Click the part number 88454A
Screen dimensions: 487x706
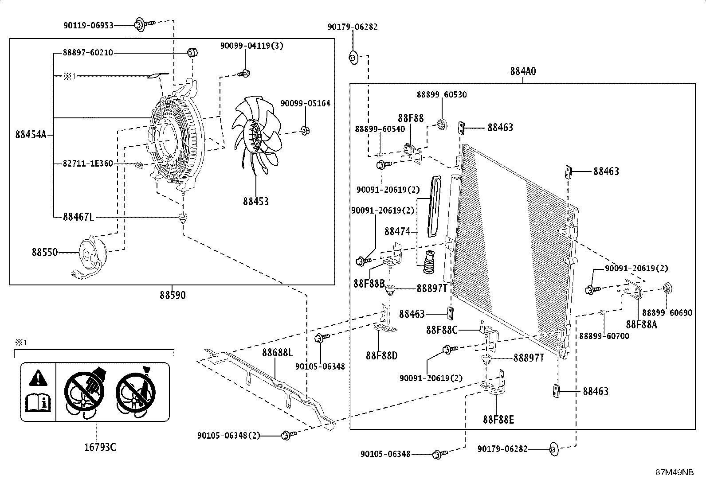click(31, 135)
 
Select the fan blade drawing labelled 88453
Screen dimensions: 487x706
click(258, 133)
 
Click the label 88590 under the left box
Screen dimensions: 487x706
click(173, 295)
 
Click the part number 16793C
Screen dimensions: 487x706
click(100, 447)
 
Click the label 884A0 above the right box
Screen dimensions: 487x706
click(523, 71)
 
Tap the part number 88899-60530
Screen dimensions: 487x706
click(441, 94)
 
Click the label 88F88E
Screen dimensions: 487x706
click(498, 419)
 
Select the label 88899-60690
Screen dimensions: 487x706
click(667, 313)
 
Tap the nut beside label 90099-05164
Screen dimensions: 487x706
click(305, 131)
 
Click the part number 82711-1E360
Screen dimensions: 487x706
click(88, 164)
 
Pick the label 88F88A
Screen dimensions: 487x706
click(641, 325)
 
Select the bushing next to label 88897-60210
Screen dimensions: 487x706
click(192, 52)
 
